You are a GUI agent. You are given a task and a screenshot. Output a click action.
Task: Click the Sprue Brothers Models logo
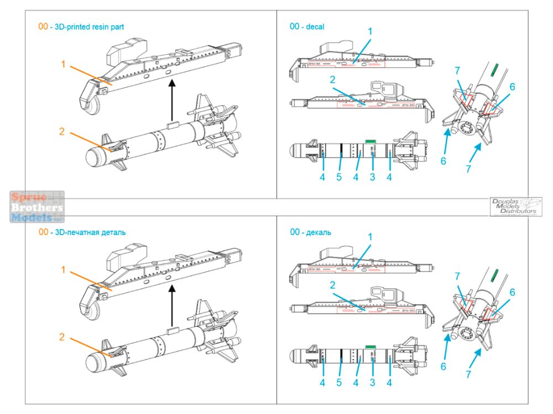pyautogui.click(x=37, y=206)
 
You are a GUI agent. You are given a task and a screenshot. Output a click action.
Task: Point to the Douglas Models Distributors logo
pyautogui.click(x=515, y=206)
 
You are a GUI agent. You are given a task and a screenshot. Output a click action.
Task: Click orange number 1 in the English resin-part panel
pyautogui.click(x=64, y=65)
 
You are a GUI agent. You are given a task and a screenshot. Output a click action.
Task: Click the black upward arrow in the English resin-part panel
pyautogui.click(x=172, y=99)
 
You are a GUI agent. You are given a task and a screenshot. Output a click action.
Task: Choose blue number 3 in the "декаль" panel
pyautogui.click(x=373, y=383)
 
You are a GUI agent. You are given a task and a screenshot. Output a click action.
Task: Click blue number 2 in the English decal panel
pyautogui.click(x=333, y=79)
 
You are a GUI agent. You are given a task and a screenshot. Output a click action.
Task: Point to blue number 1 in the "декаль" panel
pyautogui.click(x=370, y=236)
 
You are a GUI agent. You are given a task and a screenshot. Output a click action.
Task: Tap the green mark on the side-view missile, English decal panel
pyautogui.click(x=371, y=141)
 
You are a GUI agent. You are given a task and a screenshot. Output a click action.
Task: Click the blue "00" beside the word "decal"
pyautogui.click(x=295, y=26)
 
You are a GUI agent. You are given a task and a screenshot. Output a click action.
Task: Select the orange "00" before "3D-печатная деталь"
pyautogui.click(x=43, y=232)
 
